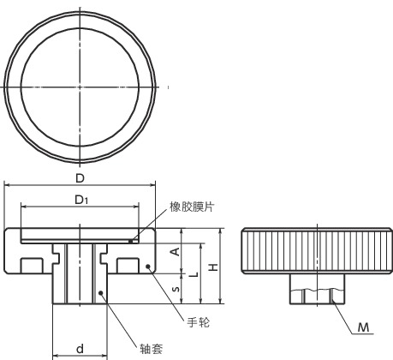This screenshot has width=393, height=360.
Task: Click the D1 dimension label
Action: point(80,200)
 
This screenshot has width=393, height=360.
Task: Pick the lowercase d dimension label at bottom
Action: point(80,348)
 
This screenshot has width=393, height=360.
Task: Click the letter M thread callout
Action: point(363,327)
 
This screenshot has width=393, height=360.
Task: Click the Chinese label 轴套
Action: point(152,348)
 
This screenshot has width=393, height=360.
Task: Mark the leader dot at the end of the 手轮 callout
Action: point(148,267)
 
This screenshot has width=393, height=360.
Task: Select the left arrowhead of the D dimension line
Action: point(8,185)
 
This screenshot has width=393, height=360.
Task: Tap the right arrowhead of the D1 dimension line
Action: point(137,207)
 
